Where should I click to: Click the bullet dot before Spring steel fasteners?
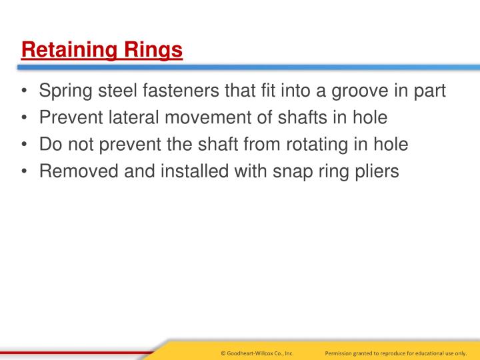coord(25,91)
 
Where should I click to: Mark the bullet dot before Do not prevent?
coord(25,145)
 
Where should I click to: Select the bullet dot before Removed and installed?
coord(25,171)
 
